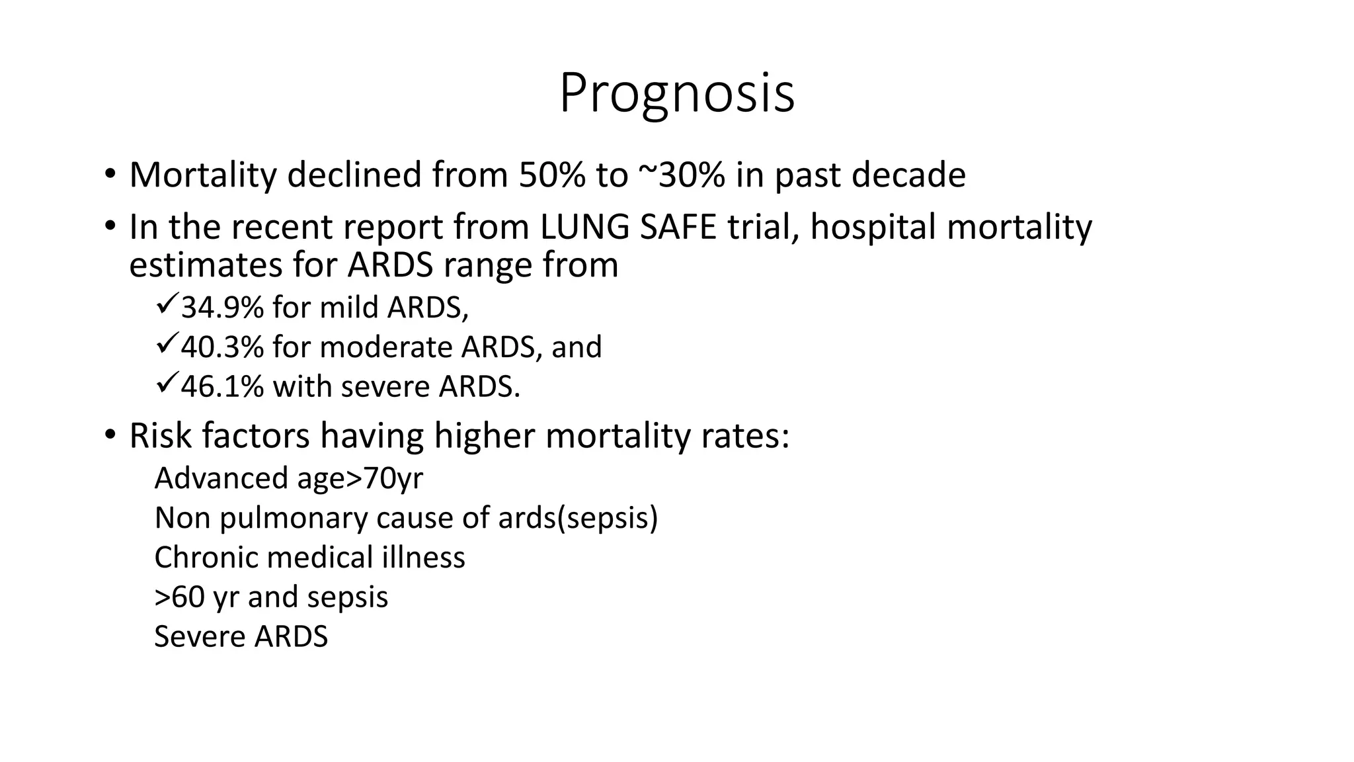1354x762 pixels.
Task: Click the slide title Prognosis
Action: (676, 95)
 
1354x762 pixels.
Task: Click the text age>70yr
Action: (360, 479)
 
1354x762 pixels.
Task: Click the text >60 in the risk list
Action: (179, 597)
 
